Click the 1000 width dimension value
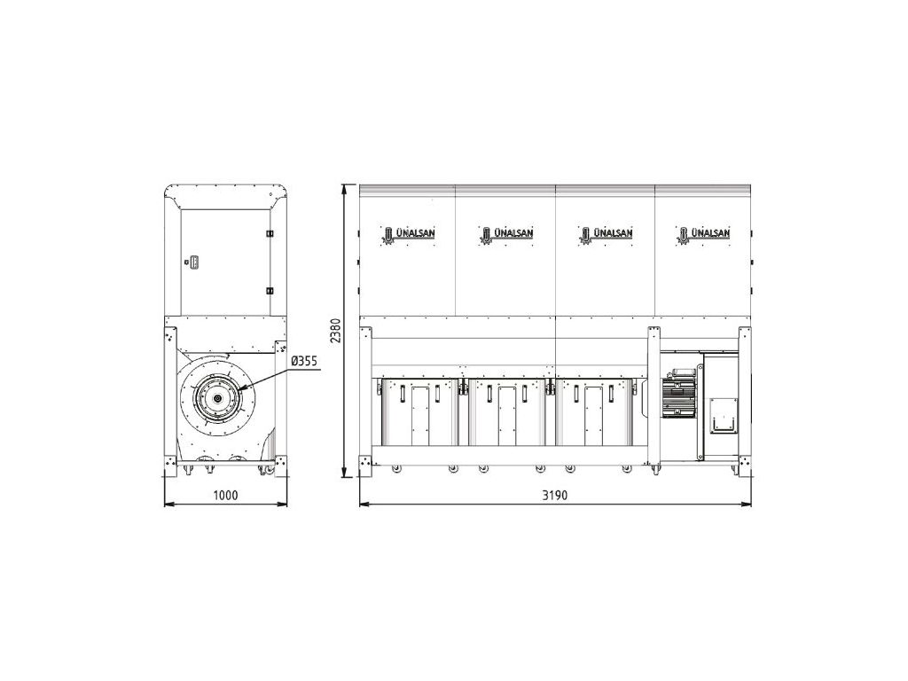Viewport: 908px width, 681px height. click(225, 495)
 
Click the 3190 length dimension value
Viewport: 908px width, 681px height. click(555, 495)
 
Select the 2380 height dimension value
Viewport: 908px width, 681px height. click(336, 331)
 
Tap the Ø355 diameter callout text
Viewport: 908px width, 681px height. click(304, 362)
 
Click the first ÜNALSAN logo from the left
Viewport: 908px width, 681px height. click(408, 234)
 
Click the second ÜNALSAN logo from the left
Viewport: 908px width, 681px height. click(506, 234)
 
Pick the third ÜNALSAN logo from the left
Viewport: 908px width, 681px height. click(606, 234)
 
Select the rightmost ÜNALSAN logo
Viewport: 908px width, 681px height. click(703, 234)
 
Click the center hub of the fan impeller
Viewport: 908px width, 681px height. click(217, 399)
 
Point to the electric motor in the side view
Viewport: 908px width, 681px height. click(679, 393)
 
